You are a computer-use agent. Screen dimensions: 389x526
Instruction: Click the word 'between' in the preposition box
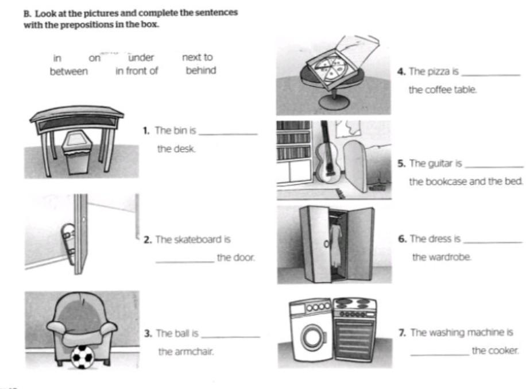click(x=69, y=72)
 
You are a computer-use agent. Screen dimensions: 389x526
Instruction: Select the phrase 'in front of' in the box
click(x=137, y=72)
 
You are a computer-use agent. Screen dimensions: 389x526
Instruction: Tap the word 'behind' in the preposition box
click(x=201, y=71)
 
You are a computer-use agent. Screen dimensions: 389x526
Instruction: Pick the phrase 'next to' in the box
click(x=197, y=57)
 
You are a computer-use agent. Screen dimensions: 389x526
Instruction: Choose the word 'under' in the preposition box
click(x=141, y=57)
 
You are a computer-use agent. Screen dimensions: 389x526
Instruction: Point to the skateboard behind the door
click(x=68, y=242)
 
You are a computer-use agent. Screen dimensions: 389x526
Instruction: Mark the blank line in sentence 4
click(x=490, y=75)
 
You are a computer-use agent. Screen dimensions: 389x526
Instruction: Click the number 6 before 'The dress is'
click(x=402, y=239)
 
